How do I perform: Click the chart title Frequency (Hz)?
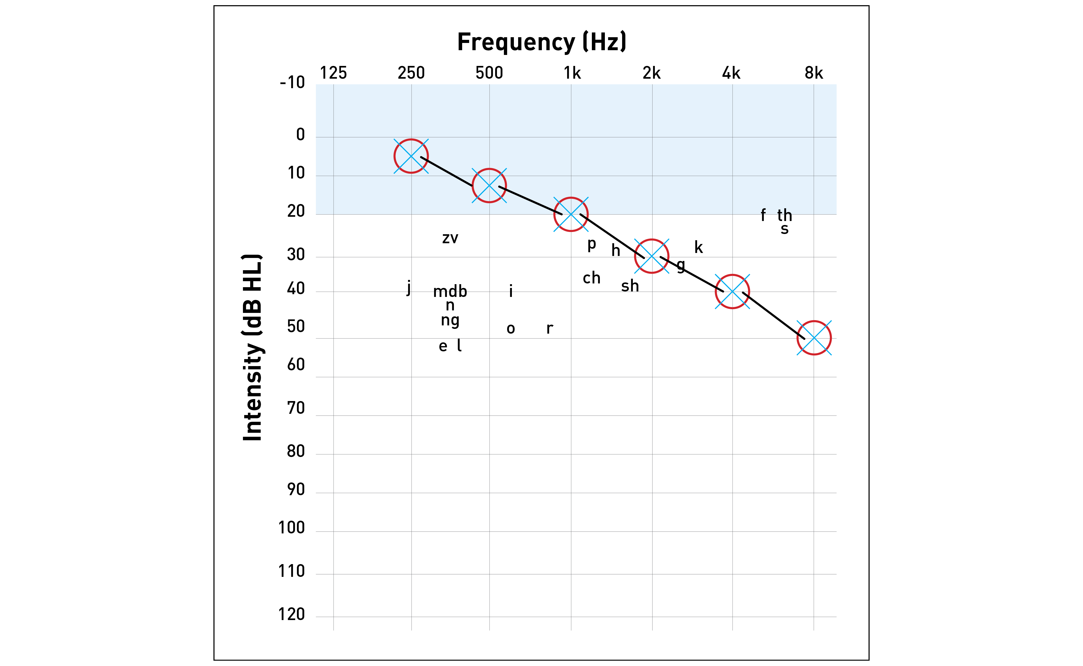(x=541, y=42)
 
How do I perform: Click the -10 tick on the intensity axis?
(x=292, y=82)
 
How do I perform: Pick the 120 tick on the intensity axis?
(x=291, y=614)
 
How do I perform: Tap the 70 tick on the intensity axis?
(x=296, y=408)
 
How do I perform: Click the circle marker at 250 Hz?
(x=411, y=156)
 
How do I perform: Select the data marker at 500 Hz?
(x=489, y=186)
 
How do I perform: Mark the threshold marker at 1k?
(x=571, y=215)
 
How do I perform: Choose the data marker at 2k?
(x=652, y=256)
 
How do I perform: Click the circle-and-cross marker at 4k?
(x=732, y=292)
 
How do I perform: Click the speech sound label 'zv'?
(x=450, y=238)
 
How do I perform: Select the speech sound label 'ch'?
(x=592, y=278)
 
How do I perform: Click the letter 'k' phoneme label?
(x=699, y=247)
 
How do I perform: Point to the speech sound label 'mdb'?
(x=450, y=291)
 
